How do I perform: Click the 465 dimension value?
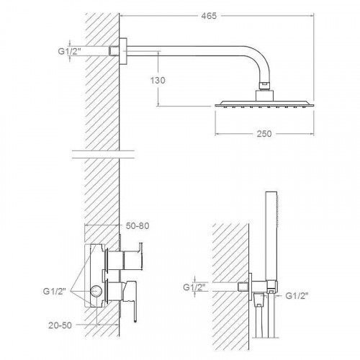(x=209, y=16)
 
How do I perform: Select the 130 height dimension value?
(x=158, y=80)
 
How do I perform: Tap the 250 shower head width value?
(x=264, y=134)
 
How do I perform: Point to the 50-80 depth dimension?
(x=138, y=226)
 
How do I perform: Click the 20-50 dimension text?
(x=60, y=325)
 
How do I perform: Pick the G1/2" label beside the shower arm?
(x=68, y=51)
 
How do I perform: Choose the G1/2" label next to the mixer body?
(x=54, y=292)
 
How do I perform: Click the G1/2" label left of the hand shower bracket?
(x=194, y=287)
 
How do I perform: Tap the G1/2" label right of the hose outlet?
(x=297, y=296)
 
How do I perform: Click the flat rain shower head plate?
(x=264, y=104)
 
